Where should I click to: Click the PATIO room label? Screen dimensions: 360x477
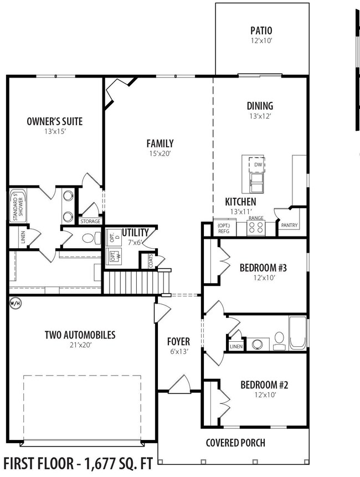pyautogui.click(x=261, y=30)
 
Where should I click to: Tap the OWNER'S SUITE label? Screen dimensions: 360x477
pyautogui.click(x=55, y=121)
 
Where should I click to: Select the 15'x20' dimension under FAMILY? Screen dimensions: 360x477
pyautogui.click(x=160, y=153)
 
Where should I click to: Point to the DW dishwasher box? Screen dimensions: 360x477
pyautogui.click(x=257, y=165)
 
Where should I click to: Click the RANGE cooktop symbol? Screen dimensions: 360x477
pyautogui.click(x=256, y=228)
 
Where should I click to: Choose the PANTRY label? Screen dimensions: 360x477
pyautogui.click(x=289, y=225)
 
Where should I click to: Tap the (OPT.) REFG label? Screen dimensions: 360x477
pyautogui.click(x=224, y=228)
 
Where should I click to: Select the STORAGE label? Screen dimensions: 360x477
pyautogui.click(x=90, y=222)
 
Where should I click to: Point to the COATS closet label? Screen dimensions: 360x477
pyautogui.click(x=151, y=261)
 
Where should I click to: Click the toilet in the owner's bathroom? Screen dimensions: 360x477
pyautogui.click(x=91, y=238)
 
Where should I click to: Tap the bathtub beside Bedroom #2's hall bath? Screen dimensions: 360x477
pyautogui.click(x=297, y=332)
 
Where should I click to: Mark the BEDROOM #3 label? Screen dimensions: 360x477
pyautogui.click(x=263, y=268)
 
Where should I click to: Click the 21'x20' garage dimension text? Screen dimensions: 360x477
pyautogui.click(x=80, y=345)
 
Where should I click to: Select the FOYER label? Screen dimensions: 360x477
pyautogui.click(x=179, y=342)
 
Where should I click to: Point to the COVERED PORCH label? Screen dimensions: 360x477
pyautogui.click(x=235, y=443)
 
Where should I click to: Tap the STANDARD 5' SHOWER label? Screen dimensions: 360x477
pyautogui.click(x=18, y=206)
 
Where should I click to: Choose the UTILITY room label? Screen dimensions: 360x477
pyautogui.click(x=135, y=233)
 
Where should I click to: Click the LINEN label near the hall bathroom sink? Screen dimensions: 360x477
pyautogui.click(x=236, y=346)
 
